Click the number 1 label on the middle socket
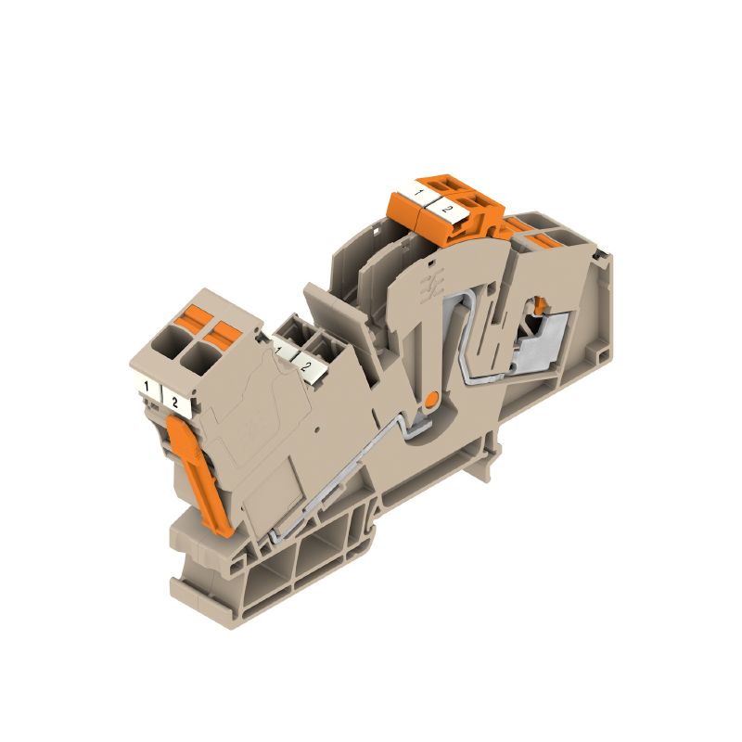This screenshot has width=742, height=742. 284,351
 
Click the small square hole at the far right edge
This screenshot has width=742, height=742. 605,252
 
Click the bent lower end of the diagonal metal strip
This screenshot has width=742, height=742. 278,538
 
